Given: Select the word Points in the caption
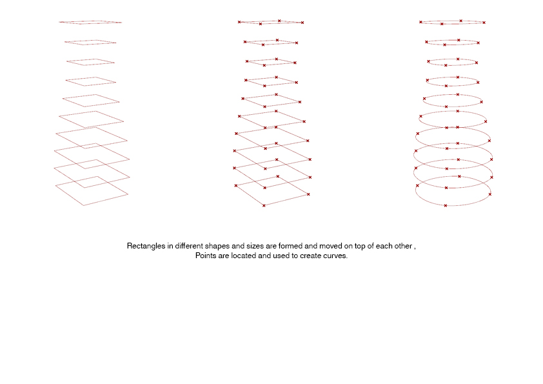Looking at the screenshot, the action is pos(206,256).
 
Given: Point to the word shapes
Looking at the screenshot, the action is pos(217,247).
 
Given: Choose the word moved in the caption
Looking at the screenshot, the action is pos(330,246).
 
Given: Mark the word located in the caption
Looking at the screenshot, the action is pos(244,256).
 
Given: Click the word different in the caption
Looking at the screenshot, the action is pos(189,246).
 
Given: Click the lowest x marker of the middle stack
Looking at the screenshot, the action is pos(264,205).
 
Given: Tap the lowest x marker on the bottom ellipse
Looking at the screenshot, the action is pos(446,205).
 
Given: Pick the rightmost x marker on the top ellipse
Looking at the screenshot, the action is pos(484,23).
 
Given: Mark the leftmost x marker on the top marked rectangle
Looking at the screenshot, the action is pos(239,22).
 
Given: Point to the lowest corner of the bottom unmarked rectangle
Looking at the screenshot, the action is pos(83,205).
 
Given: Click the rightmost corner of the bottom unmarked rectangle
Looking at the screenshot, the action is pos(128,194).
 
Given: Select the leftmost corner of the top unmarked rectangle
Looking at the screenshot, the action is pos(59,22).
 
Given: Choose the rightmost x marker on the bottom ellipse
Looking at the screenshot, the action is pos(489,194).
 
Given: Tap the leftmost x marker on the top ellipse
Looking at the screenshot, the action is pos(420,22).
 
